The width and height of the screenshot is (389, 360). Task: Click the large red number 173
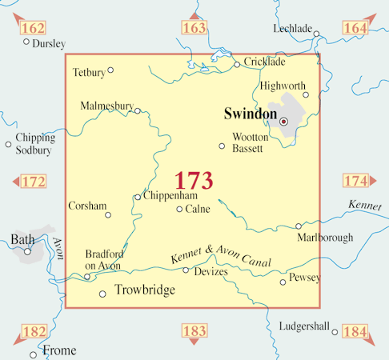click(x=194, y=179)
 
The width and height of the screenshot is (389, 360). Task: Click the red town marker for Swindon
click(x=283, y=121)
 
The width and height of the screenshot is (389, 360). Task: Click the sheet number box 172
click(x=33, y=182)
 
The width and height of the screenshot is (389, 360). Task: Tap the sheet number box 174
click(x=355, y=181)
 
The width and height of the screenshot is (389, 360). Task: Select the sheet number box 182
click(x=34, y=331)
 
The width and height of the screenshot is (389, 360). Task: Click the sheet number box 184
click(x=355, y=331)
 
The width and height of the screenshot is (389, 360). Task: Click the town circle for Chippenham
click(x=138, y=197)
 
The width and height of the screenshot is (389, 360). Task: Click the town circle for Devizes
click(x=186, y=270)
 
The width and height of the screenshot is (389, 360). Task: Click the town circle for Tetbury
click(x=110, y=70)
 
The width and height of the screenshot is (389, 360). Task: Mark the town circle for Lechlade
click(x=317, y=34)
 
